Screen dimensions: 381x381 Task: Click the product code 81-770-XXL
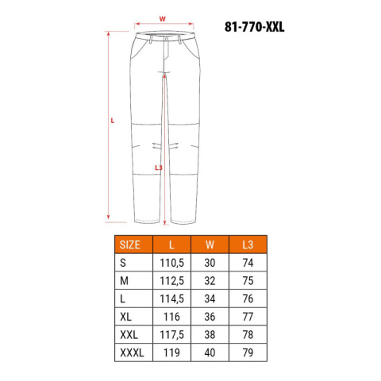point(254,27)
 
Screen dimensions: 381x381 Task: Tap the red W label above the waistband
point(162,19)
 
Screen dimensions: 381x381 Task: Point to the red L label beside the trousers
point(113,121)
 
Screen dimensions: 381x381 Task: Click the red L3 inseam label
point(158,167)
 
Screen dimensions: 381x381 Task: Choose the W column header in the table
point(210,244)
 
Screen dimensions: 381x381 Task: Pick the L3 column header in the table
point(248,244)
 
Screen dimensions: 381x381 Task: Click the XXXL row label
point(132,352)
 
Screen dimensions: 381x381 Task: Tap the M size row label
point(124,281)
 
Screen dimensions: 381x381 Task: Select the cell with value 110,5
point(171,263)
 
